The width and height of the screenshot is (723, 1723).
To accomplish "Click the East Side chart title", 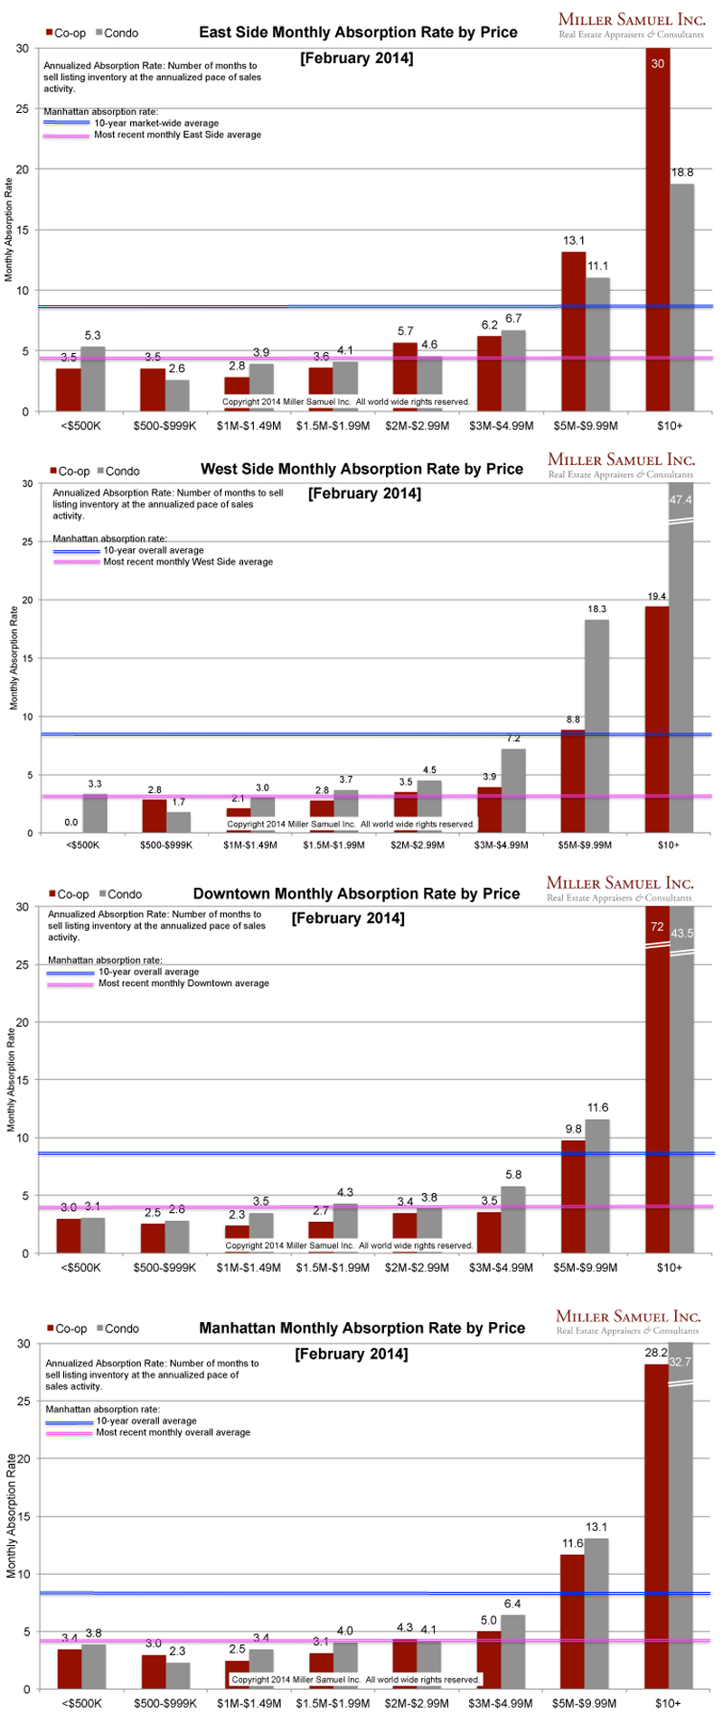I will (x=358, y=33).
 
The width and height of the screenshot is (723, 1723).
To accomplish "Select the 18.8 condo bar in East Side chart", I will (x=682, y=298).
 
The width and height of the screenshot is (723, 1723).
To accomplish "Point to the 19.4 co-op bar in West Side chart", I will (x=657, y=719).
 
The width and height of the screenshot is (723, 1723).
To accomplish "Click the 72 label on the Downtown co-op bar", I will (x=657, y=927).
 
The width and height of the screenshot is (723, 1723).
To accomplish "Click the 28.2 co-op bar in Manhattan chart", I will (x=656, y=1526).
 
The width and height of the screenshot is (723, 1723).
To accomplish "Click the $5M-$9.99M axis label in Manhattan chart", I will (x=585, y=1703).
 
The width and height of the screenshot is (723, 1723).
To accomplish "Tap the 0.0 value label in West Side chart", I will (x=70, y=823).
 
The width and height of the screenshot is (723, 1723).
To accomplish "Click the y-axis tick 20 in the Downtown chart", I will (x=22, y=1022).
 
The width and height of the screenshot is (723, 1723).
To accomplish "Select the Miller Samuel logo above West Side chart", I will (x=620, y=465).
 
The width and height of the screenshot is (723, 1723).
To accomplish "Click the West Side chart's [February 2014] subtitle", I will (x=364, y=493).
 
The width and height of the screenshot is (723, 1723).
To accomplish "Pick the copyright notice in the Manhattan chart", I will (x=355, y=1680).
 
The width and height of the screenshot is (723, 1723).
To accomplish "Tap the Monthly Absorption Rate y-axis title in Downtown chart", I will (x=11, y=1079).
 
